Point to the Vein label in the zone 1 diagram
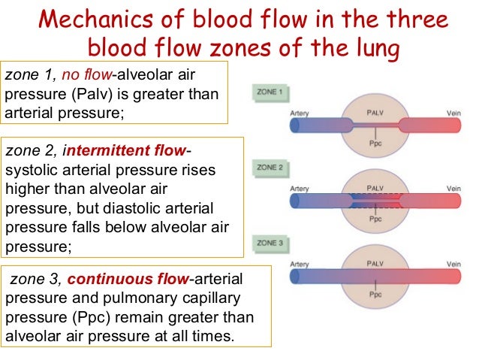pyautogui.click(x=453, y=113)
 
